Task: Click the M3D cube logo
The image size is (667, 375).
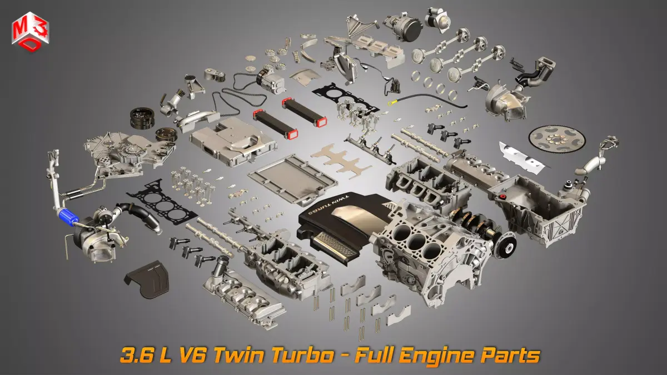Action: tap(30, 32)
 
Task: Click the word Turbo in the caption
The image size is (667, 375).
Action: tap(303, 355)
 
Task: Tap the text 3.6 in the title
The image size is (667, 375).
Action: tap(136, 355)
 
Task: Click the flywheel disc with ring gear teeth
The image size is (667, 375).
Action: tap(557, 139)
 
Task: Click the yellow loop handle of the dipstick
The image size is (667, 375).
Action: tap(391, 103)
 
